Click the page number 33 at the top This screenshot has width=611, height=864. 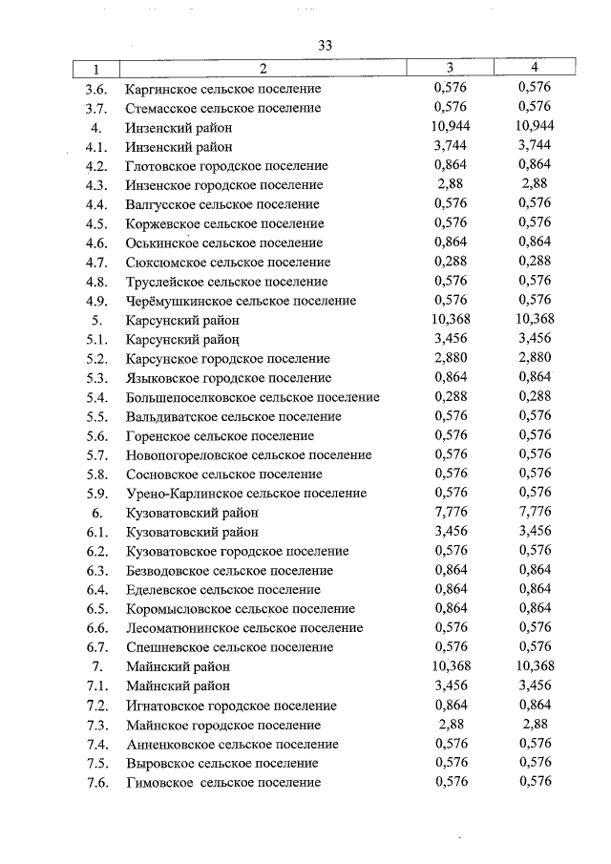[x=324, y=46]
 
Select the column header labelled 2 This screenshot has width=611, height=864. [x=262, y=69]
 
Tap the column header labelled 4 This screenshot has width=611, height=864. [x=535, y=68]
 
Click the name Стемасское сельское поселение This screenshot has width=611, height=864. [x=223, y=108]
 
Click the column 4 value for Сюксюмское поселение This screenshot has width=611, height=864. [x=535, y=263]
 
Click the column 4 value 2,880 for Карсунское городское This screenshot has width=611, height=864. [x=535, y=359]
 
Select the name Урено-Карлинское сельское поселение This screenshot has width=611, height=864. [x=245, y=494]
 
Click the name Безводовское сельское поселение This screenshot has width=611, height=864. [x=229, y=571]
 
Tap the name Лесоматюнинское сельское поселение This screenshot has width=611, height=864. [x=243, y=628]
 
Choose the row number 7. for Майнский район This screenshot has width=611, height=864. [x=97, y=666]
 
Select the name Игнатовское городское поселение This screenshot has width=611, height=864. [x=230, y=706]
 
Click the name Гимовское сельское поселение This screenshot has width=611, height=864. [x=222, y=783]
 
